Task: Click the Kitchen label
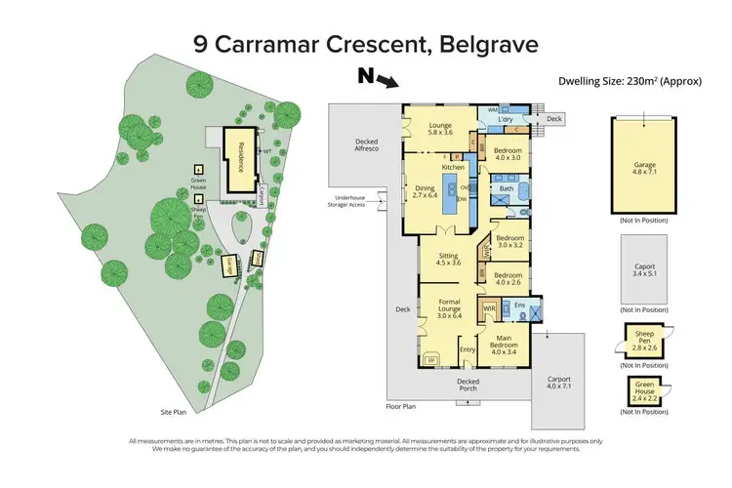coord(453,168)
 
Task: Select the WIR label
coord(490,308)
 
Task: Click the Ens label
coord(518,305)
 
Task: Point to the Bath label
coord(508,189)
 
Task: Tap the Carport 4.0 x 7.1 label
coord(558,383)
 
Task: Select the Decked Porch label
coord(468,385)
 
